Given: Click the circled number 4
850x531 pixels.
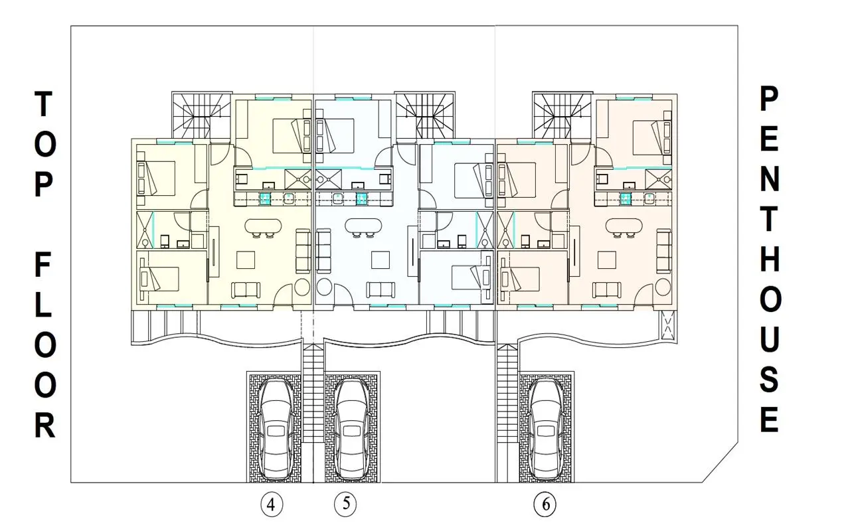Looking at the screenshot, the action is (x=272, y=505).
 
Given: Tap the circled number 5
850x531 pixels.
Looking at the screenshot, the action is (x=345, y=504).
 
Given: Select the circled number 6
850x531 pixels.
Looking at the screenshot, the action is (x=545, y=504).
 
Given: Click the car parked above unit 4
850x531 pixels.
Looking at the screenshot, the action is (x=276, y=429).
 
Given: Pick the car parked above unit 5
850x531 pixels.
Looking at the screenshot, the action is (x=352, y=429).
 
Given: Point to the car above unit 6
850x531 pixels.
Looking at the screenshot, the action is (x=546, y=429).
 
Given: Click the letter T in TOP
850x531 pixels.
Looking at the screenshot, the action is (x=44, y=104).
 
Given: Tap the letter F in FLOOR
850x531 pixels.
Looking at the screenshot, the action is (x=43, y=265).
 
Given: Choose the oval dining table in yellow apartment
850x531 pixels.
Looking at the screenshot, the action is (x=264, y=226).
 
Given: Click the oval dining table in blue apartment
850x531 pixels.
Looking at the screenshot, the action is (x=363, y=226).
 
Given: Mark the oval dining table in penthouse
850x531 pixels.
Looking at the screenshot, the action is (x=624, y=226).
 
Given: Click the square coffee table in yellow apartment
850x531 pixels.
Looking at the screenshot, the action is (x=246, y=260).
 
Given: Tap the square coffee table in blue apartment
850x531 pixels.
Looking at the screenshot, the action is (x=381, y=260).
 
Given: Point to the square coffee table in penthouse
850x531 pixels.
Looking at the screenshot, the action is (x=606, y=260).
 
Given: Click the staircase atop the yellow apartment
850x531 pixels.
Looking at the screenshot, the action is (x=201, y=115).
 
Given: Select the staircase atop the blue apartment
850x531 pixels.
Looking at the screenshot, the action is (x=424, y=115).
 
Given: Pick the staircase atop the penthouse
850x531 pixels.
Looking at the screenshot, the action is (x=562, y=115).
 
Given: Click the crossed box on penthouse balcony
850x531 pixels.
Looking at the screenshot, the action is (x=667, y=325).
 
